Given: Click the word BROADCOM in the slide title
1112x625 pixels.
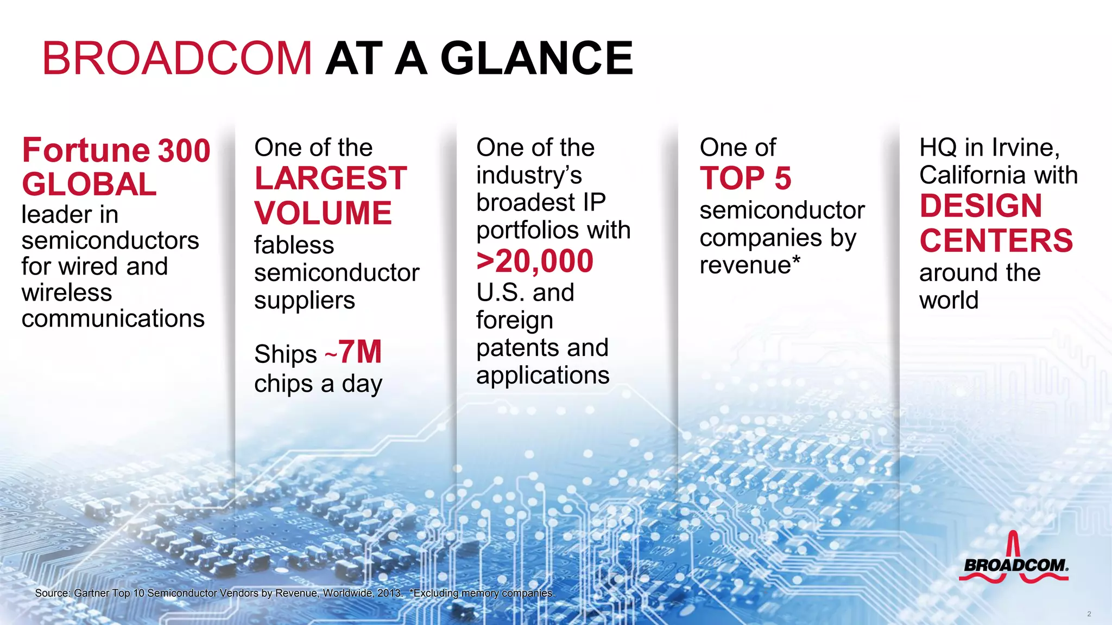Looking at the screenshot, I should tap(177, 59).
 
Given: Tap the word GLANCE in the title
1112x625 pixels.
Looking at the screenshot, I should tap(536, 59).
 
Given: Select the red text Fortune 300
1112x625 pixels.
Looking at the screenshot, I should tap(116, 150).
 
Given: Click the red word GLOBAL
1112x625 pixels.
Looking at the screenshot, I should tap(90, 184).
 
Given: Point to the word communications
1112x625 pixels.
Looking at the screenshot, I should tap(113, 318).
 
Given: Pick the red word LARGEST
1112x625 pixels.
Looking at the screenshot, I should tap(331, 178).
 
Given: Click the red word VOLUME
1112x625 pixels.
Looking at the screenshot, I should tap(323, 213).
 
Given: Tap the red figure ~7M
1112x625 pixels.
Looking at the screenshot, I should tap(354, 353).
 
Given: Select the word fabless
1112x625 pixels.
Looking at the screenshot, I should tap(294, 245).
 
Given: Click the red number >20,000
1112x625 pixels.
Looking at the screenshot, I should tap(535, 262).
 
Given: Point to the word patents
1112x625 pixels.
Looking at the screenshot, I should tap(514, 348).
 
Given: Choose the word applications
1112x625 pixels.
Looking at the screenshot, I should tap(543, 375).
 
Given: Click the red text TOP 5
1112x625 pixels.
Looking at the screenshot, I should tap(745, 178).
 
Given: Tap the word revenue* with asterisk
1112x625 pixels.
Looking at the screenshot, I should tap(750, 265).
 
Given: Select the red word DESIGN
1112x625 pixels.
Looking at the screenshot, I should tap(981, 206).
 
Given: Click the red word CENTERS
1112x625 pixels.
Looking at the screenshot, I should tap(996, 241).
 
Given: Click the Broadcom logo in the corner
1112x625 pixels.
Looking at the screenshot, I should tap(1014, 560).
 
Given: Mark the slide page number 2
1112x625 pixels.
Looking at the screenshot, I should tap(1089, 614).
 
